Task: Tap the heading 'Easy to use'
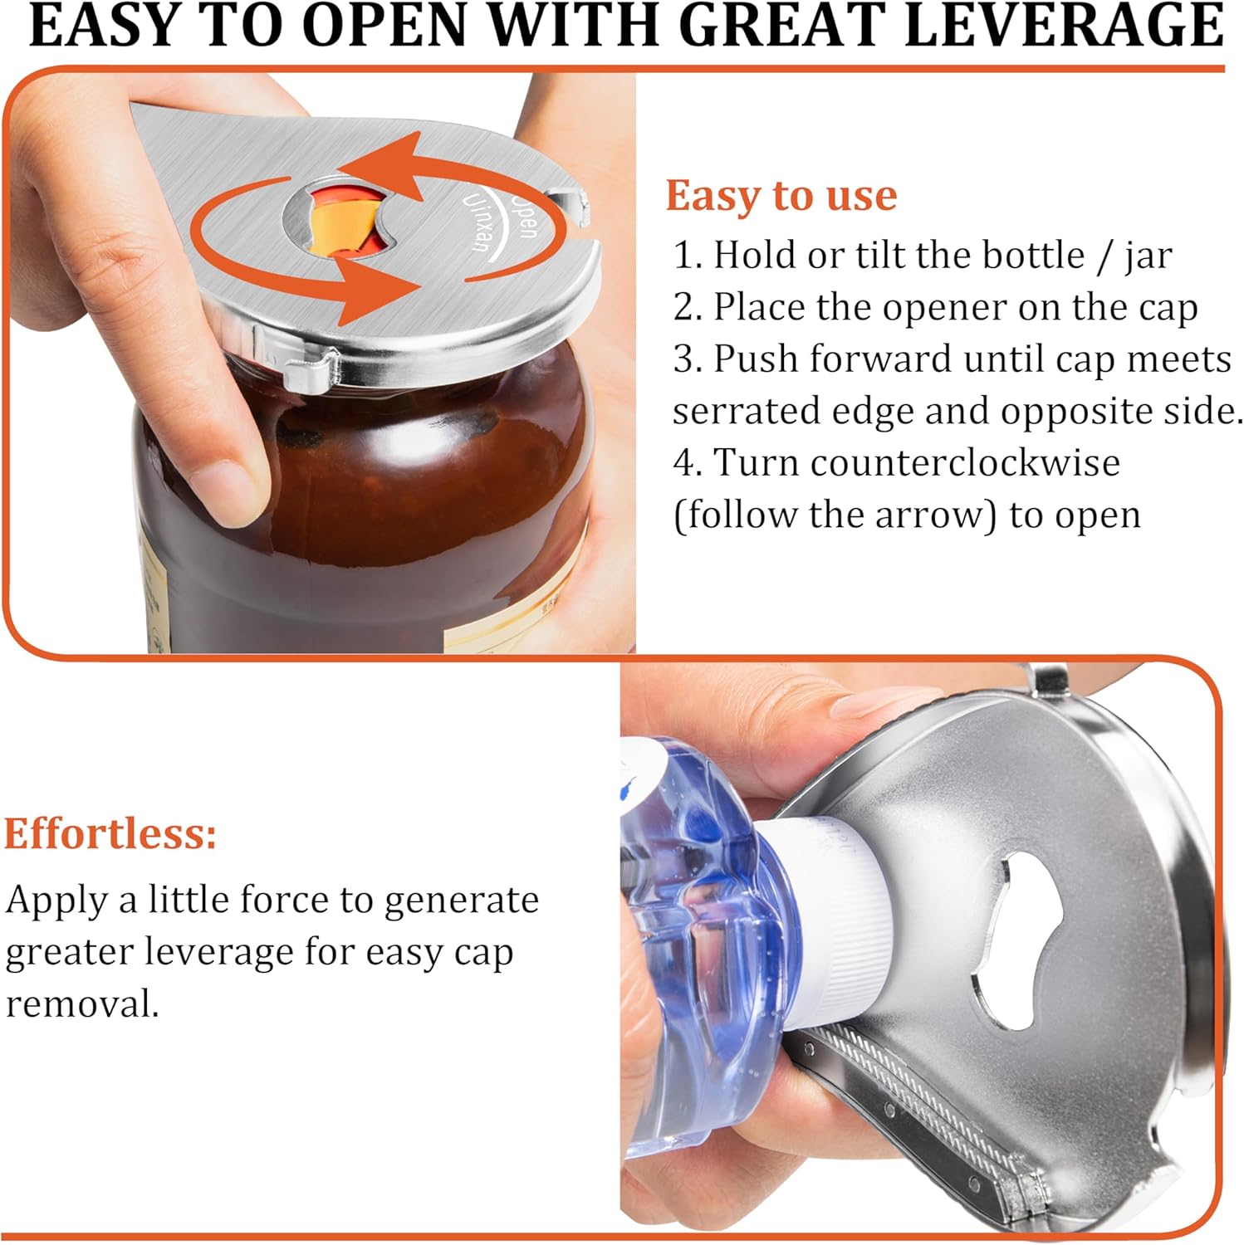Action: (x=781, y=197)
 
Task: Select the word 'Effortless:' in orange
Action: (x=110, y=833)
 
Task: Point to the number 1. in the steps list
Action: (x=688, y=255)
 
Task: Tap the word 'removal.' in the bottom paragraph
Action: (x=82, y=1003)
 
